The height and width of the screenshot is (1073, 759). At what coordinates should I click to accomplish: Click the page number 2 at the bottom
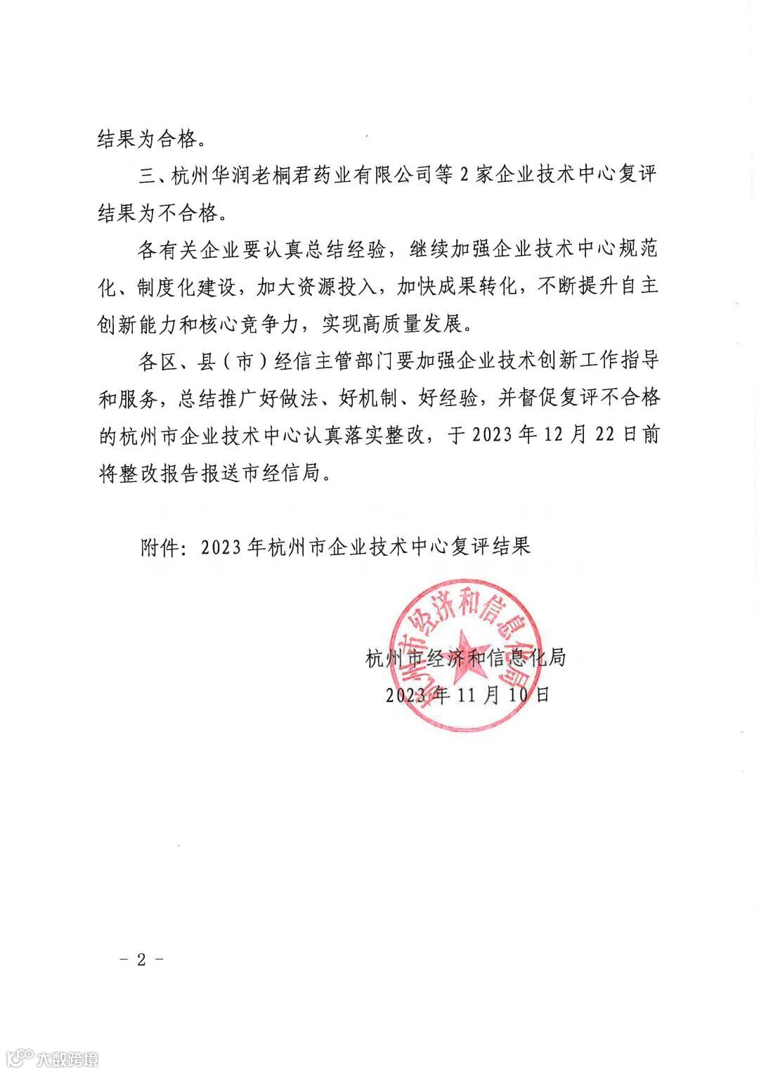coord(141,960)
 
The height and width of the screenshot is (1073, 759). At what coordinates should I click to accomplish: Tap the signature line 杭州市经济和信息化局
coord(465,658)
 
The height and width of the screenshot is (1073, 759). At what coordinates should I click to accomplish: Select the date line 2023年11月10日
coord(467,695)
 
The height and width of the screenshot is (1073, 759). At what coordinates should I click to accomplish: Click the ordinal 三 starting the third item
coord(146,175)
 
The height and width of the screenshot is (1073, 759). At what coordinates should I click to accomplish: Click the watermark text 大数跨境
coord(67,1058)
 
